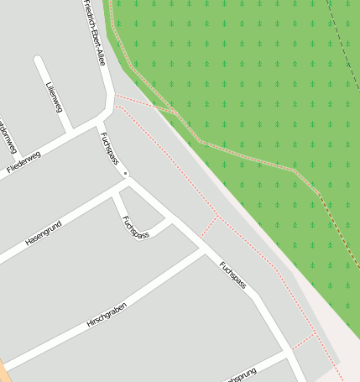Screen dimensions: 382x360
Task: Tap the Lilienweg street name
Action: click(53, 97)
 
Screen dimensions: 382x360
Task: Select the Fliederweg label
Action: click(23, 162)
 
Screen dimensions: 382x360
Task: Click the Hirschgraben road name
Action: click(106, 315)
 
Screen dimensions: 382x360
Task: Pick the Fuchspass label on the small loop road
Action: click(134, 228)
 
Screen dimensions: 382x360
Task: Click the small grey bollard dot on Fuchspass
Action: click(126, 174)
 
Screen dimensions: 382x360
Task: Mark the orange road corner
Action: click(3, 370)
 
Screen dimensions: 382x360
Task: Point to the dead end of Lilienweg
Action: click(39, 60)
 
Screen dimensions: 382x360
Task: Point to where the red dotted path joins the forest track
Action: click(175, 112)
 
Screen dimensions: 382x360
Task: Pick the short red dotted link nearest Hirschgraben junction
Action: click(208, 227)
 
